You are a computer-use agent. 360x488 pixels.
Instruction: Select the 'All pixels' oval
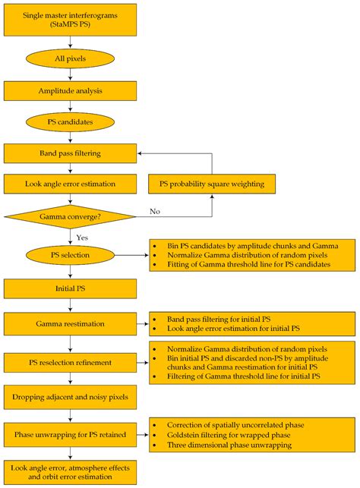pos(70,58)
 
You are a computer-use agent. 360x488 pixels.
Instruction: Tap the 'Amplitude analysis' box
pos(70,90)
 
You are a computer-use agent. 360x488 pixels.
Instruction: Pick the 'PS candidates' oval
pos(70,122)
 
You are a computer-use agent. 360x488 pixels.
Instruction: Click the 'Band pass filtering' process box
pos(70,153)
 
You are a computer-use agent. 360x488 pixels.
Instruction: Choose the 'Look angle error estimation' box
pos(70,184)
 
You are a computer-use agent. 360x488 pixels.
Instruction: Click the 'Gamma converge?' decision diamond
pos(70,217)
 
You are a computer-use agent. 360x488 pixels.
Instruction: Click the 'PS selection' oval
pos(70,256)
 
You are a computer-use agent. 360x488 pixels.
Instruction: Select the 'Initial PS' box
pos(70,289)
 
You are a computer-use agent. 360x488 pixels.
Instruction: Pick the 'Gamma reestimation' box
pos(70,324)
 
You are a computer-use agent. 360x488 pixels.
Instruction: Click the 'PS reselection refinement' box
pos(70,361)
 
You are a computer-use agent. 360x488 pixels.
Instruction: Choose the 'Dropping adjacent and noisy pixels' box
pos(70,397)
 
